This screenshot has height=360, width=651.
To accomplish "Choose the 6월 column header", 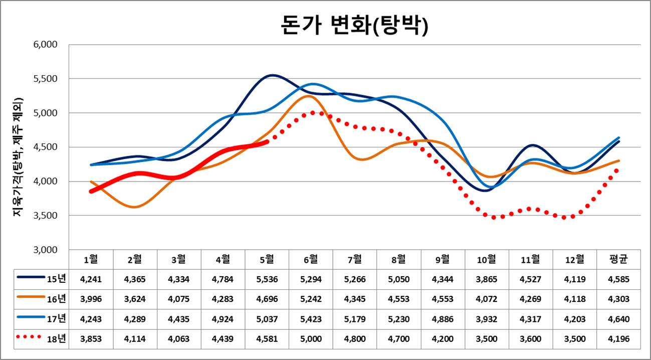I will (311, 259).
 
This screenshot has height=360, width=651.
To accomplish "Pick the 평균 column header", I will (618, 259).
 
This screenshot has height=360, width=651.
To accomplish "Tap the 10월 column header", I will (487, 259).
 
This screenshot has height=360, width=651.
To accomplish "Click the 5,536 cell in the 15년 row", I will (267, 279).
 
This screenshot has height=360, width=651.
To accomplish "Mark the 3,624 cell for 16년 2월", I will (135, 299).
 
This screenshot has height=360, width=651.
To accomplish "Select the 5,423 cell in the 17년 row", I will (311, 318).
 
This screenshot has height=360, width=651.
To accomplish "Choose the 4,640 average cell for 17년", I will (618, 318).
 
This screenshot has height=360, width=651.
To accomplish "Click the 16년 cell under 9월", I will (443, 299).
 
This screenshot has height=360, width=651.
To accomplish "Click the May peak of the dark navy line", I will (271, 75).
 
